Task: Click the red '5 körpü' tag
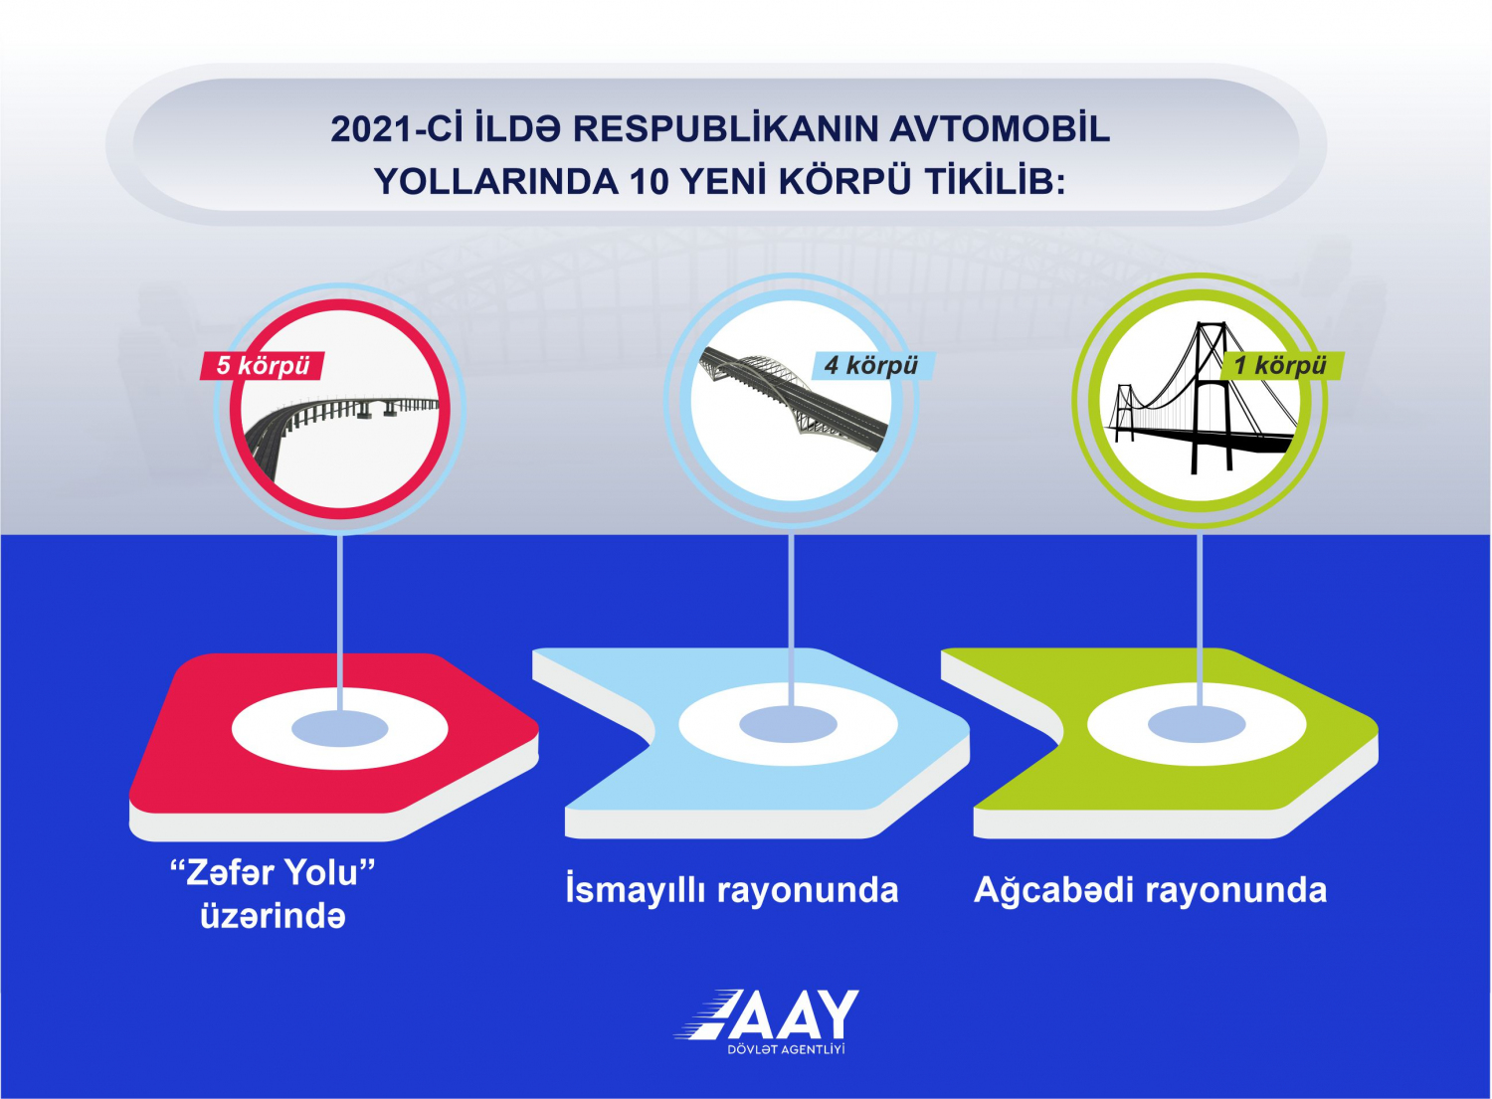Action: pos(264,366)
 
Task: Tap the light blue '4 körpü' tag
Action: pos(871,365)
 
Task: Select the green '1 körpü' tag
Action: pos(1281,366)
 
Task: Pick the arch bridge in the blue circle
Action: pos(794,400)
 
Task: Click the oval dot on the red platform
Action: pos(340,728)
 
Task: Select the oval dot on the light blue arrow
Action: pos(788,724)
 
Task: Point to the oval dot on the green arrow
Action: pos(1197,724)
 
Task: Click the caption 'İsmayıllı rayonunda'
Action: pos(732,890)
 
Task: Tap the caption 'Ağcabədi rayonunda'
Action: pos(1150,890)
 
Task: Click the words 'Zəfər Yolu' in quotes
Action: pos(274,873)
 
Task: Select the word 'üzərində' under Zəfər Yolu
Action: pos(274,917)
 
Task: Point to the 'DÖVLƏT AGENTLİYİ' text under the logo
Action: pos(787,1049)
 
